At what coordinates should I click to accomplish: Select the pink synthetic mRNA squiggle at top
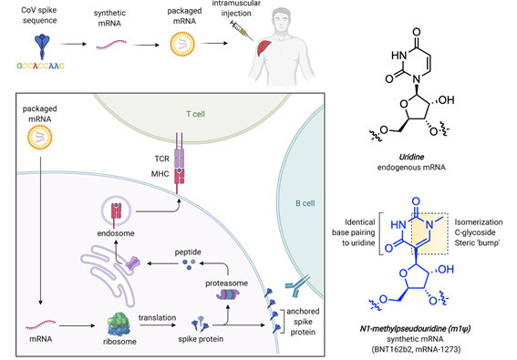113,42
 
